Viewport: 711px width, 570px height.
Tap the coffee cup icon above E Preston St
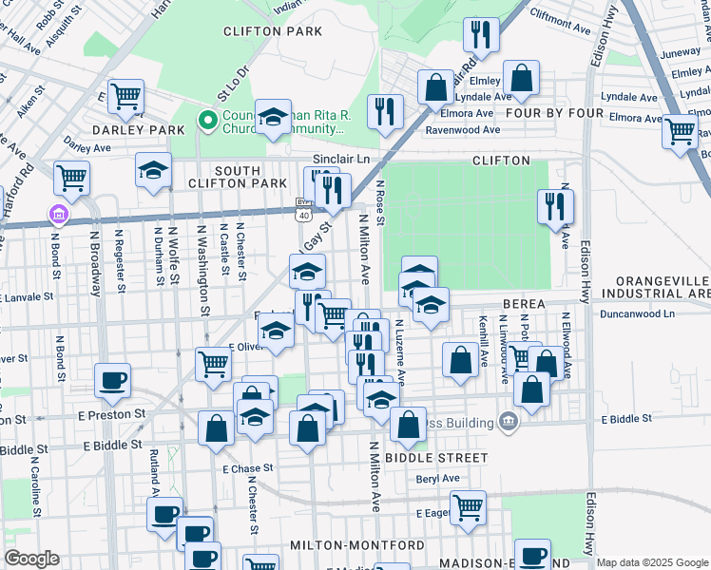click(x=112, y=380)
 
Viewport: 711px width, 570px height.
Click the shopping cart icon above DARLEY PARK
click(x=125, y=95)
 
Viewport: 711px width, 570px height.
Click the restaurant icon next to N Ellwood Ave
click(x=555, y=206)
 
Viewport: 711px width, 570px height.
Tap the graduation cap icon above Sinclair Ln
click(x=273, y=116)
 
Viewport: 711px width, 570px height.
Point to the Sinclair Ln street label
click(x=341, y=160)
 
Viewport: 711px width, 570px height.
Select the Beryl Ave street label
click(x=438, y=480)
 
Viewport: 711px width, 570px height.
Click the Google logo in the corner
click(x=31, y=559)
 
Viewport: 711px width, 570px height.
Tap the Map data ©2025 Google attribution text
click(x=651, y=562)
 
